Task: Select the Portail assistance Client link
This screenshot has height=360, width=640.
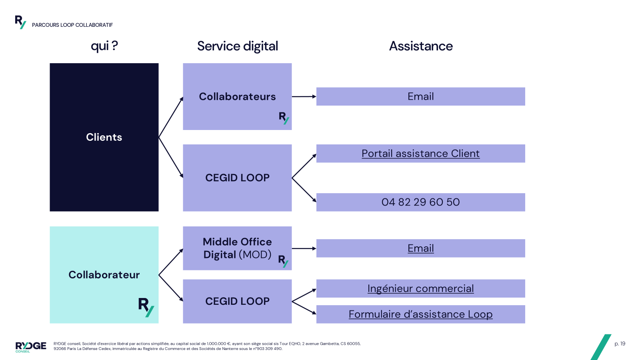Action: pos(420,154)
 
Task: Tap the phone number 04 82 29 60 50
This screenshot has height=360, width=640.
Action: pos(420,202)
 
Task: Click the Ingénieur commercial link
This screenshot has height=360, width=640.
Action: pos(420,288)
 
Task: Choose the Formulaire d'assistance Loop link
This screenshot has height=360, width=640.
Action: pos(420,314)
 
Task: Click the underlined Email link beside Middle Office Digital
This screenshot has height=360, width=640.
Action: pos(420,248)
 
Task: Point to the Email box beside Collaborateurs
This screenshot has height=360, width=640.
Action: pos(420,96)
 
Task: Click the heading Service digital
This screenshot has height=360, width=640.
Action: pos(238,46)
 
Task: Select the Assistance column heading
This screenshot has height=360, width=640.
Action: pos(421,46)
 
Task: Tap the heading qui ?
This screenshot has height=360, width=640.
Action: pos(104,46)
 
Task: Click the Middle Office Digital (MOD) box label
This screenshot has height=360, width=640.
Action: pos(237,248)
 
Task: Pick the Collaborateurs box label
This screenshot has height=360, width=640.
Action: pos(237,97)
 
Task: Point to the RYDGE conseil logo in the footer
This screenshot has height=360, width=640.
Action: pos(31,346)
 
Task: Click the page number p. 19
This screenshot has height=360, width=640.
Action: pos(620,344)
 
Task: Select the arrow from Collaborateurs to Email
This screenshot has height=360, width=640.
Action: pos(304,96)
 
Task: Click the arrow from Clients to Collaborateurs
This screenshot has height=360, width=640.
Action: pos(171,117)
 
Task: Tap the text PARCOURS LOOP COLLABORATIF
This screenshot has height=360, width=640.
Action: pos(72,25)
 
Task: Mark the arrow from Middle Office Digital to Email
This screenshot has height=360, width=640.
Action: pos(304,248)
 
